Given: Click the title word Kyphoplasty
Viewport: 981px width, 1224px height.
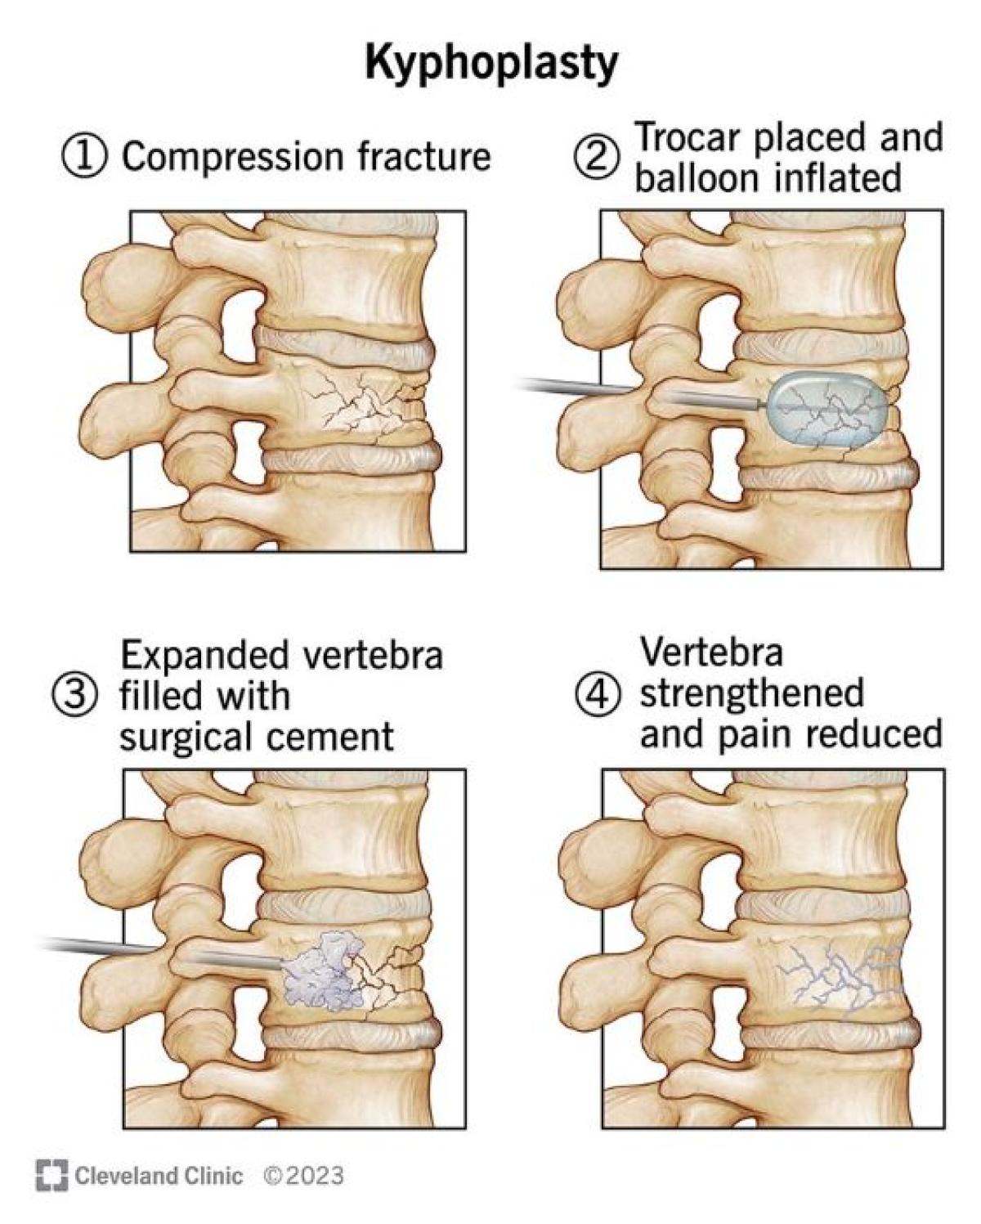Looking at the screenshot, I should pyautogui.click(x=491, y=64).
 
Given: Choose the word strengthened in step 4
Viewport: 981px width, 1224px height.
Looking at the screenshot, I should pyautogui.click(x=751, y=693).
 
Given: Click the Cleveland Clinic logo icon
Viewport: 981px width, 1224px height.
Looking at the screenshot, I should pyautogui.click(x=52, y=1175).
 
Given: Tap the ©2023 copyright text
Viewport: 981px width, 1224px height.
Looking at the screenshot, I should pyautogui.click(x=303, y=1176).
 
